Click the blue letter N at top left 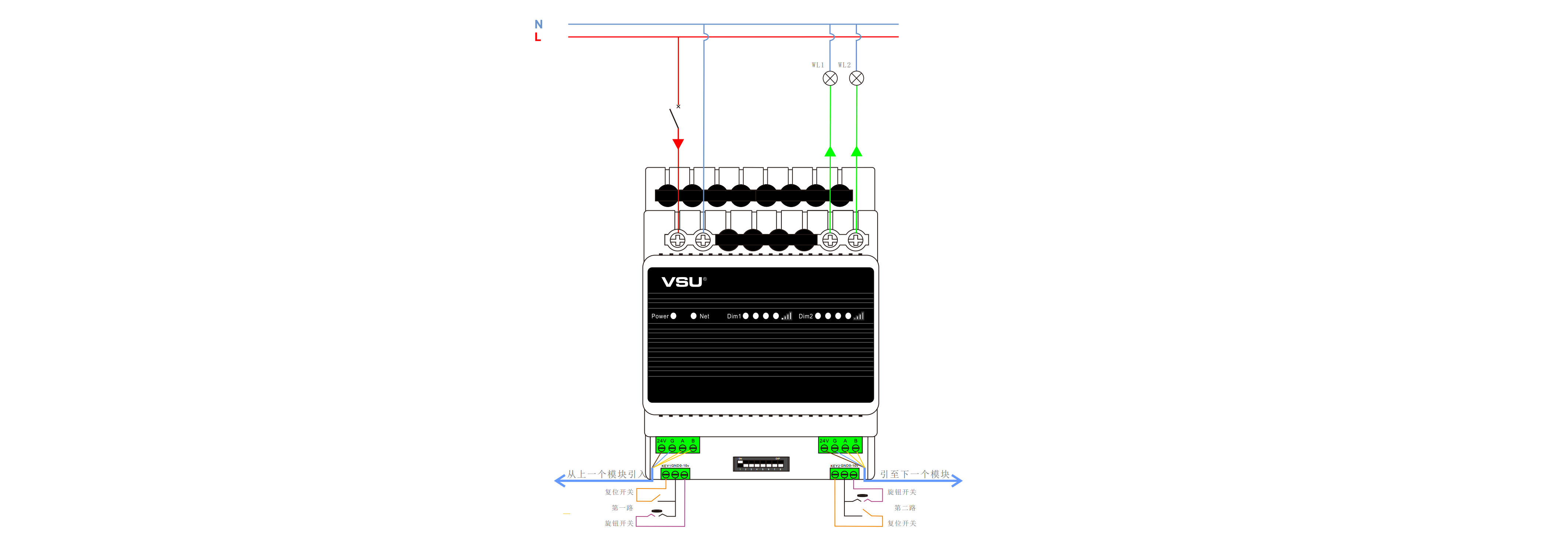[x=538, y=24]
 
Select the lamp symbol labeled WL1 [x=830, y=78]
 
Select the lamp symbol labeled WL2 [x=856, y=78]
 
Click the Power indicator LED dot [x=674, y=316]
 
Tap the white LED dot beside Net [x=694, y=316]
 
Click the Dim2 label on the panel [x=805, y=316]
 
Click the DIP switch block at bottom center [x=761, y=463]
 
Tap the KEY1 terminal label [x=665, y=466]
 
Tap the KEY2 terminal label [x=835, y=466]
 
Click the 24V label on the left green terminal [x=661, y=441]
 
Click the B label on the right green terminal [x=856, y=441]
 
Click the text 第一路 [x=622, y=508]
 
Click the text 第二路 [x=904, y=508]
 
